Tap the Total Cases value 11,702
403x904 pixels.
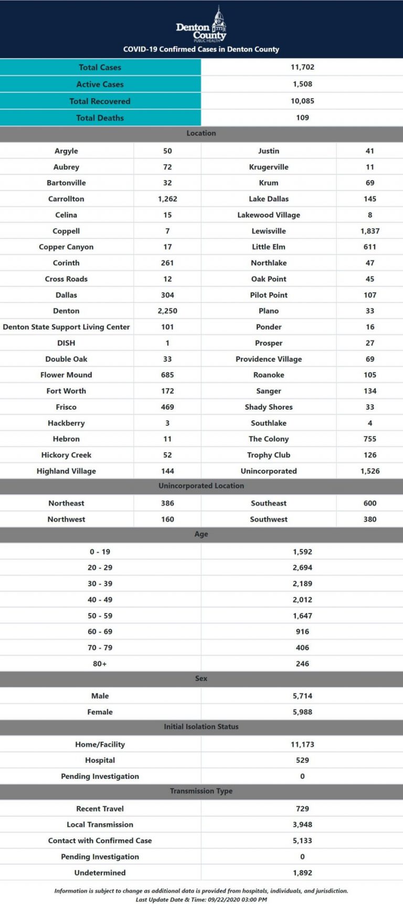[x=302, y=67]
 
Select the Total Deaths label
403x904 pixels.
[x=100, y=118]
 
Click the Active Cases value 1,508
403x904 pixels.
[x=302, y=84]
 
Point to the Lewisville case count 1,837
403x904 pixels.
[x=370, y=231]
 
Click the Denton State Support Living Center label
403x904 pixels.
[x=66, y=327]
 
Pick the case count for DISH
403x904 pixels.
[x=167, y=343]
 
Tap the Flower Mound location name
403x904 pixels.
[x=66, y=375]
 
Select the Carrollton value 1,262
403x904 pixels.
[x=167, y=199]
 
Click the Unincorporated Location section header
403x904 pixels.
[x=201, y=486]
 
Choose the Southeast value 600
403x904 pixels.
[x=370, y=503]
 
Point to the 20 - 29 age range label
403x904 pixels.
[x=100, y=568]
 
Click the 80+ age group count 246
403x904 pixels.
[x=302, y=664]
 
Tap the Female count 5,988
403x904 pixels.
[x=302, y=712]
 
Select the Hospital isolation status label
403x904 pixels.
[x=100, y=760]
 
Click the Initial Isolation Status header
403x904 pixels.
[x=201, y=727]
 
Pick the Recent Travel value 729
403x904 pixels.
[x=302, y=809]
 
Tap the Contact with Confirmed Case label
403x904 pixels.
[x=100, y=841]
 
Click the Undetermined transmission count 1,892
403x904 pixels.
[x=302, y=873]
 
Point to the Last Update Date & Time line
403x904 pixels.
[x=201, y=899]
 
